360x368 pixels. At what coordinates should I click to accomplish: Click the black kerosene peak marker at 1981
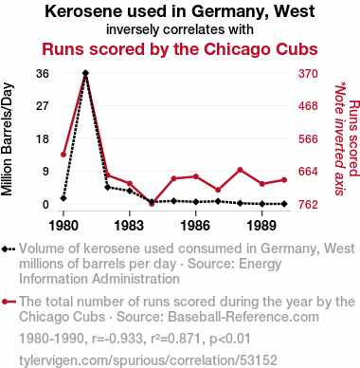(x=85, y=73)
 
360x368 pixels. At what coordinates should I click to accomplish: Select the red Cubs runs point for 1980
(x=63, y=155)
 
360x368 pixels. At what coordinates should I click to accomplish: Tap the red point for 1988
(x=240, y=170)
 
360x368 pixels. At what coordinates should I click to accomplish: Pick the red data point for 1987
(x=218, y=190)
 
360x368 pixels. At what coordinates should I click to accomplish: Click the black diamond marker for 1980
(x=63, y=198)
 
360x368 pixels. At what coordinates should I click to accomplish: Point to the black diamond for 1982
(x=107, y=187)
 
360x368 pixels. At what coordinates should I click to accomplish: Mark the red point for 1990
(x=284, y=180)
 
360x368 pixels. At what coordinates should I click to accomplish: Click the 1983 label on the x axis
(x=130, y=226)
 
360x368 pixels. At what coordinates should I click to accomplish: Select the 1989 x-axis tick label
(x=262, y=226)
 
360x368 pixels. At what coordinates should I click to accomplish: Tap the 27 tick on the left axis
(x=43, y=106)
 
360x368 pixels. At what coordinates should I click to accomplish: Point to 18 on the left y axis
(x=43, y=138)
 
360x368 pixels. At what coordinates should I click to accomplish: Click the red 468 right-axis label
(x=308, y=106)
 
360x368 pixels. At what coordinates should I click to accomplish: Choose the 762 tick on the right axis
(x=308, y=205)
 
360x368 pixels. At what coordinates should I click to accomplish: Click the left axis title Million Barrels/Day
(x=7, y=139)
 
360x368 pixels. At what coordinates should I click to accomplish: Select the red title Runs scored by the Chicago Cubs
(x=180, y=49)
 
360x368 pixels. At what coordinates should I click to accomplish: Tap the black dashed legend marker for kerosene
(x=9, y=249)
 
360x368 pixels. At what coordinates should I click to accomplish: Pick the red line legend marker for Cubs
(x=9, y=302)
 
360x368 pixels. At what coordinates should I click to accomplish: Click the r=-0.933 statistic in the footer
(x=117, y=339)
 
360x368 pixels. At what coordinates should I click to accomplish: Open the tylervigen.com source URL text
(x=148, y=360)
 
